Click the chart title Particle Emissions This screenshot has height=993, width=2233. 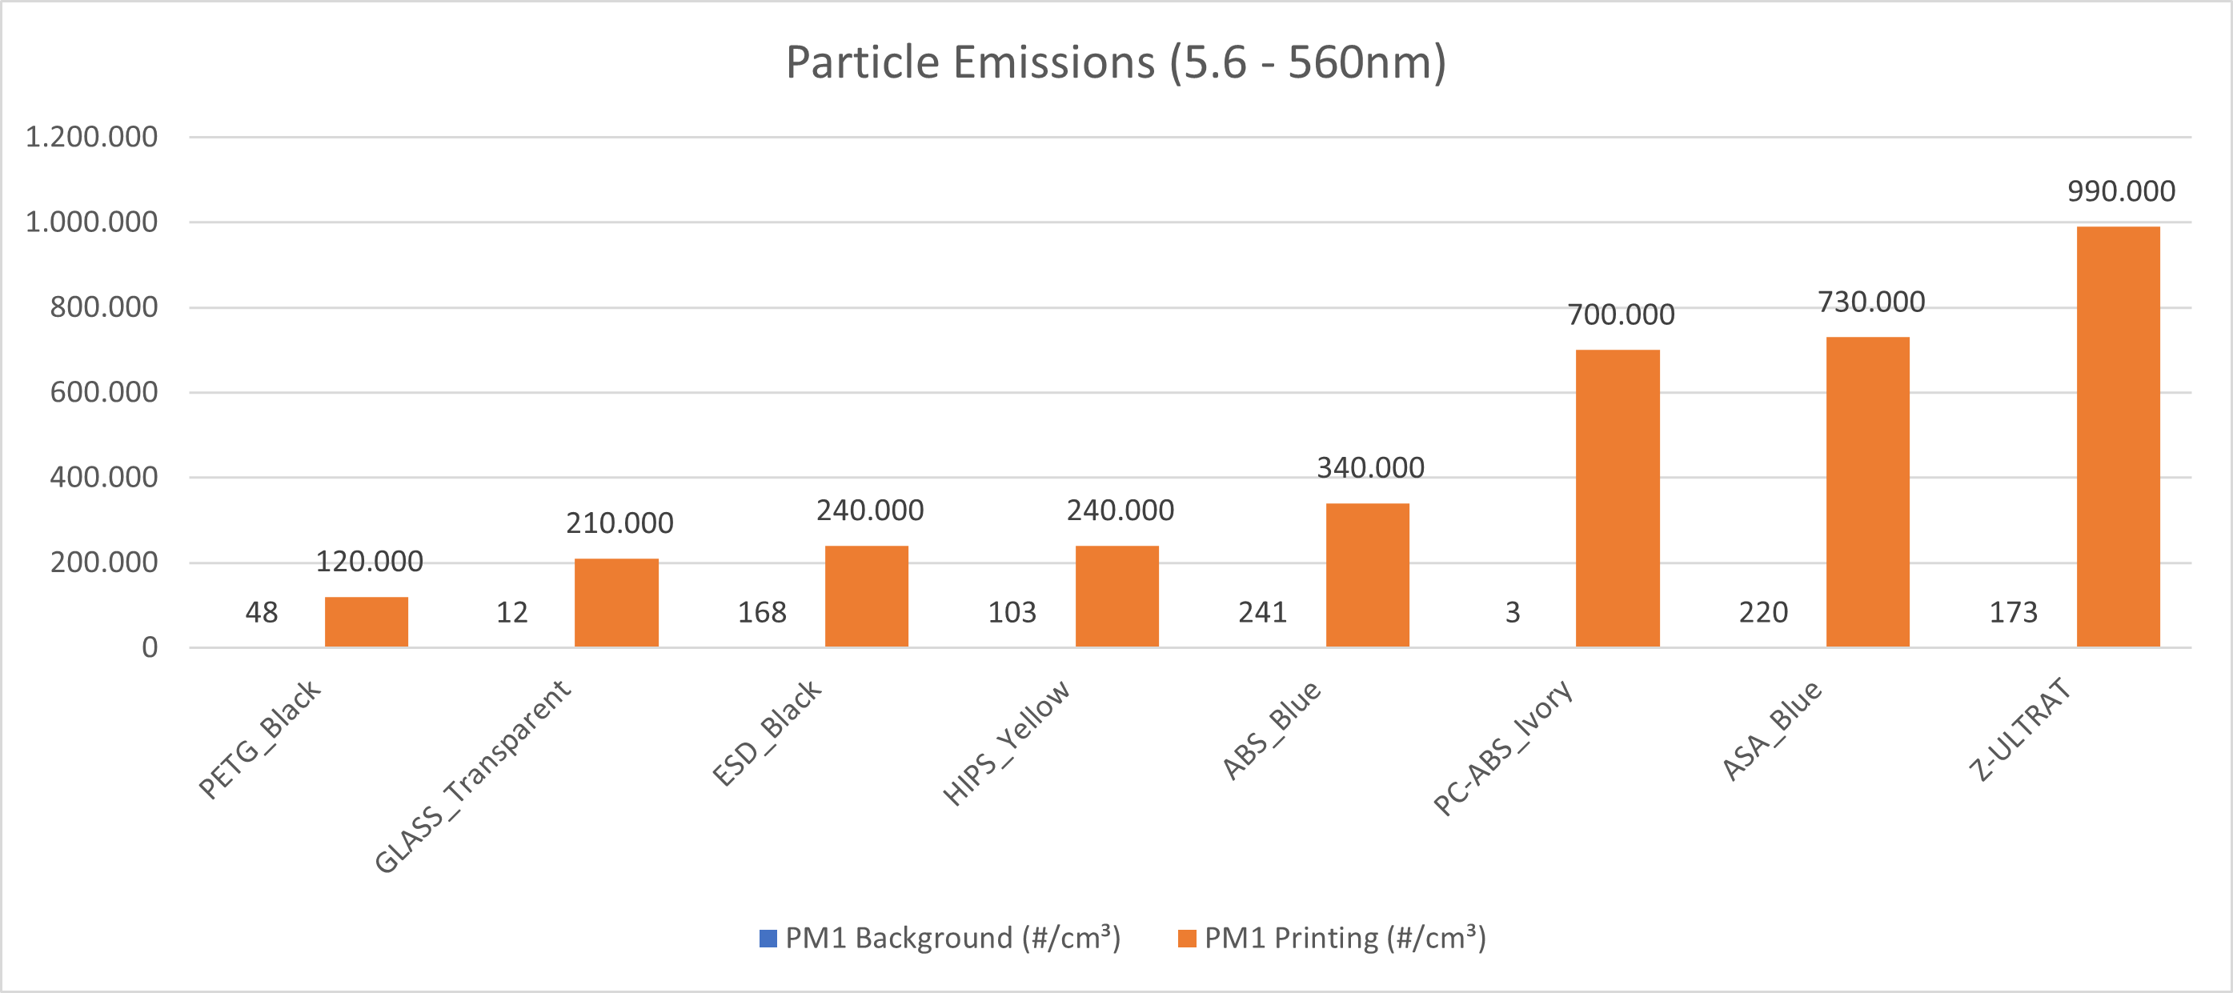point(1116,62)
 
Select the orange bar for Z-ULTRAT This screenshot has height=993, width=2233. point(2118,437)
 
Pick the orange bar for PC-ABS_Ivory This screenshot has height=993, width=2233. point(1618,499)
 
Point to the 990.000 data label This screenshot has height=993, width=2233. point(2121,190)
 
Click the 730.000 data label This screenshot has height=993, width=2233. point(1870,302)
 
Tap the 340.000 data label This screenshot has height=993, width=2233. point(1370,468)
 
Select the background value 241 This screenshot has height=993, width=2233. point(1262,613)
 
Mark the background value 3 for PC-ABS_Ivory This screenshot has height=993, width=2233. point(1513,613)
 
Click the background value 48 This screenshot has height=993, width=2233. point(261,613)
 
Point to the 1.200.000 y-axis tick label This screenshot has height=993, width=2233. point(91,137)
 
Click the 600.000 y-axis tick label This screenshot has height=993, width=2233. point(103,393)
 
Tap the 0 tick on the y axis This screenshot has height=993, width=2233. point(150,647)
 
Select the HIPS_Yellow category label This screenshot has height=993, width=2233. point(1006,743)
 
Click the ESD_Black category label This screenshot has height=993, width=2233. point(766,732)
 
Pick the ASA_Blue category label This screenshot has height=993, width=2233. point(1772,731)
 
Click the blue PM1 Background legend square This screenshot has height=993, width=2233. point(768,939)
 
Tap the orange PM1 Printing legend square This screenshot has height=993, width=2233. point(1187,939)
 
